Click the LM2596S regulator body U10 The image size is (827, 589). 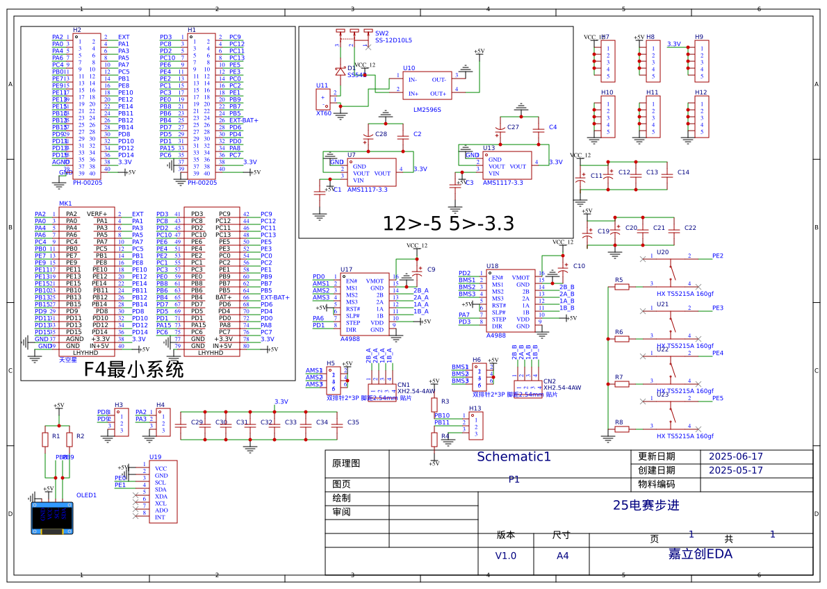[x=427, y=86]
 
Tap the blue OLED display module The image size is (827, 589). [x=52, y=517]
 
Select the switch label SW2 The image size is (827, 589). [x=382, y=33]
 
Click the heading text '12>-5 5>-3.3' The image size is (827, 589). [x=448, y=224]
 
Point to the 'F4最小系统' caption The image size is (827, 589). [x=133, y=370]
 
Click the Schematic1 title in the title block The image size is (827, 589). [x=514, y=457]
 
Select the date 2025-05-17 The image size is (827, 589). [x=735, y=470]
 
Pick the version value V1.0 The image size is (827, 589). [x=505, y=556]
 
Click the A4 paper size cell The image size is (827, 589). [x=562, y=556]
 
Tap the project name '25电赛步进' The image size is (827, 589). [x=646, y=506]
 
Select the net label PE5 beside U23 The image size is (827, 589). [x=717, y=398]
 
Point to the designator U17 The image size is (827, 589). [x=346, y=269]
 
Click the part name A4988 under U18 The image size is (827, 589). [x=496, y=335]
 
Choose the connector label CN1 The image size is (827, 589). [x=404, y=384]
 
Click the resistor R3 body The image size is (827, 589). [x=434, y=405]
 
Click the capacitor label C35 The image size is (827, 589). [x=353, y=422]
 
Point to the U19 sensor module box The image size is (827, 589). [x=162, y=492]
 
